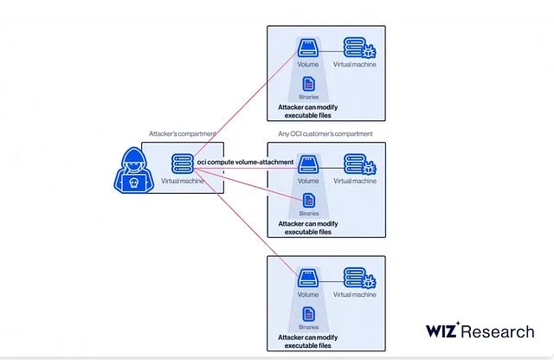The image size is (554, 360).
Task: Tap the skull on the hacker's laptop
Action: tap(133, 183)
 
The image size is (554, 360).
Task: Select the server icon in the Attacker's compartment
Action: tap(181, 162)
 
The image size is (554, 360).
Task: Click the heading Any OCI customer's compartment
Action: tap(325, 134)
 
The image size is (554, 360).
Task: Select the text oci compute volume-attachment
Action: tap(245, 162)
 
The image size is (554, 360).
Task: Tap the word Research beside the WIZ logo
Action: tap(499, 331)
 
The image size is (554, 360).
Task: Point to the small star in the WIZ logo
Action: tap(458, 323)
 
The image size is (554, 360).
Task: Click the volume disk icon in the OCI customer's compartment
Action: tap(308, 163)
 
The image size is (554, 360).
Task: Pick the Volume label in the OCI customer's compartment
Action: tap(308, 181)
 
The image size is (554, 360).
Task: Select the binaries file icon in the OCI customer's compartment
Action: tap(308, 201)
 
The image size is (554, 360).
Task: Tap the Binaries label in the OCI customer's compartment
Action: tap(308, 213)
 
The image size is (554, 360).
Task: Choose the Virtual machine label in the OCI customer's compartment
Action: tap(355, 181)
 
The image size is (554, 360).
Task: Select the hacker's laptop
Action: tap(133, 183)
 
